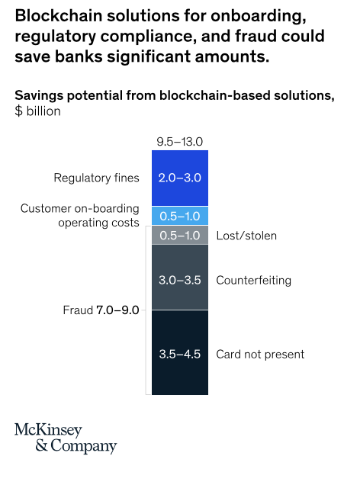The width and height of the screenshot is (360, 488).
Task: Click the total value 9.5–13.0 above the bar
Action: (x=180, y=142)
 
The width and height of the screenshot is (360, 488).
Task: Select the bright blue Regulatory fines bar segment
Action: (x=180, y=178)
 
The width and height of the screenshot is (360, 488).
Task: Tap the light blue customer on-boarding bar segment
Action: (x=180, y=216)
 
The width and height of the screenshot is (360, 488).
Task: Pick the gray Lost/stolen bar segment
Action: (x=180, y=235)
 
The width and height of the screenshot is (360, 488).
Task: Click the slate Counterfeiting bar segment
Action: (x=180, y=277)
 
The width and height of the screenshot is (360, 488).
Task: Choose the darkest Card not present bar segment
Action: (x=180, y=352)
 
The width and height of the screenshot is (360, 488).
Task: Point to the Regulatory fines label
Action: (x=97, y=178)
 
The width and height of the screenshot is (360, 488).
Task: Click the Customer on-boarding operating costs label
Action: (x=80, y=215)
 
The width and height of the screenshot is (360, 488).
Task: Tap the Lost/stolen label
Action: (x=246, y=236)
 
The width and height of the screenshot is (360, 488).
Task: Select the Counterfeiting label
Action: (x=254, y=281)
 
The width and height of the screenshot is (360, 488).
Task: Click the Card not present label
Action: (x=260, y=354)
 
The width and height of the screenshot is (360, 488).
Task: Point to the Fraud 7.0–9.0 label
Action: (x=101, y=310)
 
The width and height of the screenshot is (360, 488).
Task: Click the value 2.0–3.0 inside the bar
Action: (x=180, y=178)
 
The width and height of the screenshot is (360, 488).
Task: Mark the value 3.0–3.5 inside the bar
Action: (x=180, y=280)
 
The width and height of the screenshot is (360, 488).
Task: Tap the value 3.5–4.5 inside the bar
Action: (x=180, y=354)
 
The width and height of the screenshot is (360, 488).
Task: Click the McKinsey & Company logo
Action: (x=66, y=438)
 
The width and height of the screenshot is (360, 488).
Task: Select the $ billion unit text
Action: (x=37, y=111)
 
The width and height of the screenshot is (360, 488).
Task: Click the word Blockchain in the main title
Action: (x=59, y=15)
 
